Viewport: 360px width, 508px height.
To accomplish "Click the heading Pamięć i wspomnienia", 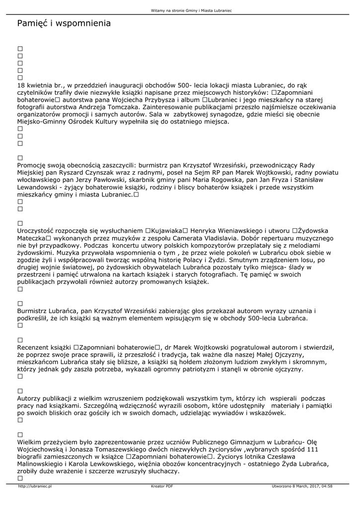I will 64,24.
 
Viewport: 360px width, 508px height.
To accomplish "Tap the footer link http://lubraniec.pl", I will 35,486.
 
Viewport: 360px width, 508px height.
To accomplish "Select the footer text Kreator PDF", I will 162,486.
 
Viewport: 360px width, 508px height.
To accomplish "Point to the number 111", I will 311,449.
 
